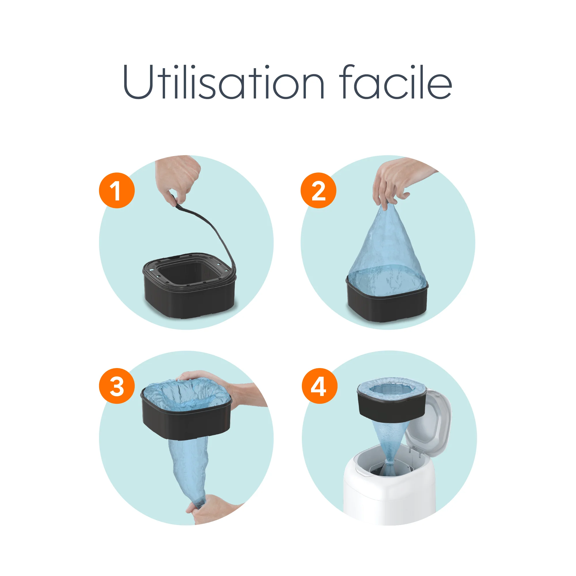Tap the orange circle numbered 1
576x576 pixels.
pyautogui.click(x=117, y=190)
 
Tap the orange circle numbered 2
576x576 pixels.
pyautogui.click(x=318, y=190)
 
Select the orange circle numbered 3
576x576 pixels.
pyautogui.click(x=117, y=386)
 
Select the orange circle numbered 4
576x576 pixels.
pyautogui.click(x=319, y=386)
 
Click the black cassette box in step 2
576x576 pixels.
pyautogui.click(x=387, y=307)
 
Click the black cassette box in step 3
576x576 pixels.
pyautogui.click(x=186, y=420)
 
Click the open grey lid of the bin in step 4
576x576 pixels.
pyautogui.click(x=429, y=423)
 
